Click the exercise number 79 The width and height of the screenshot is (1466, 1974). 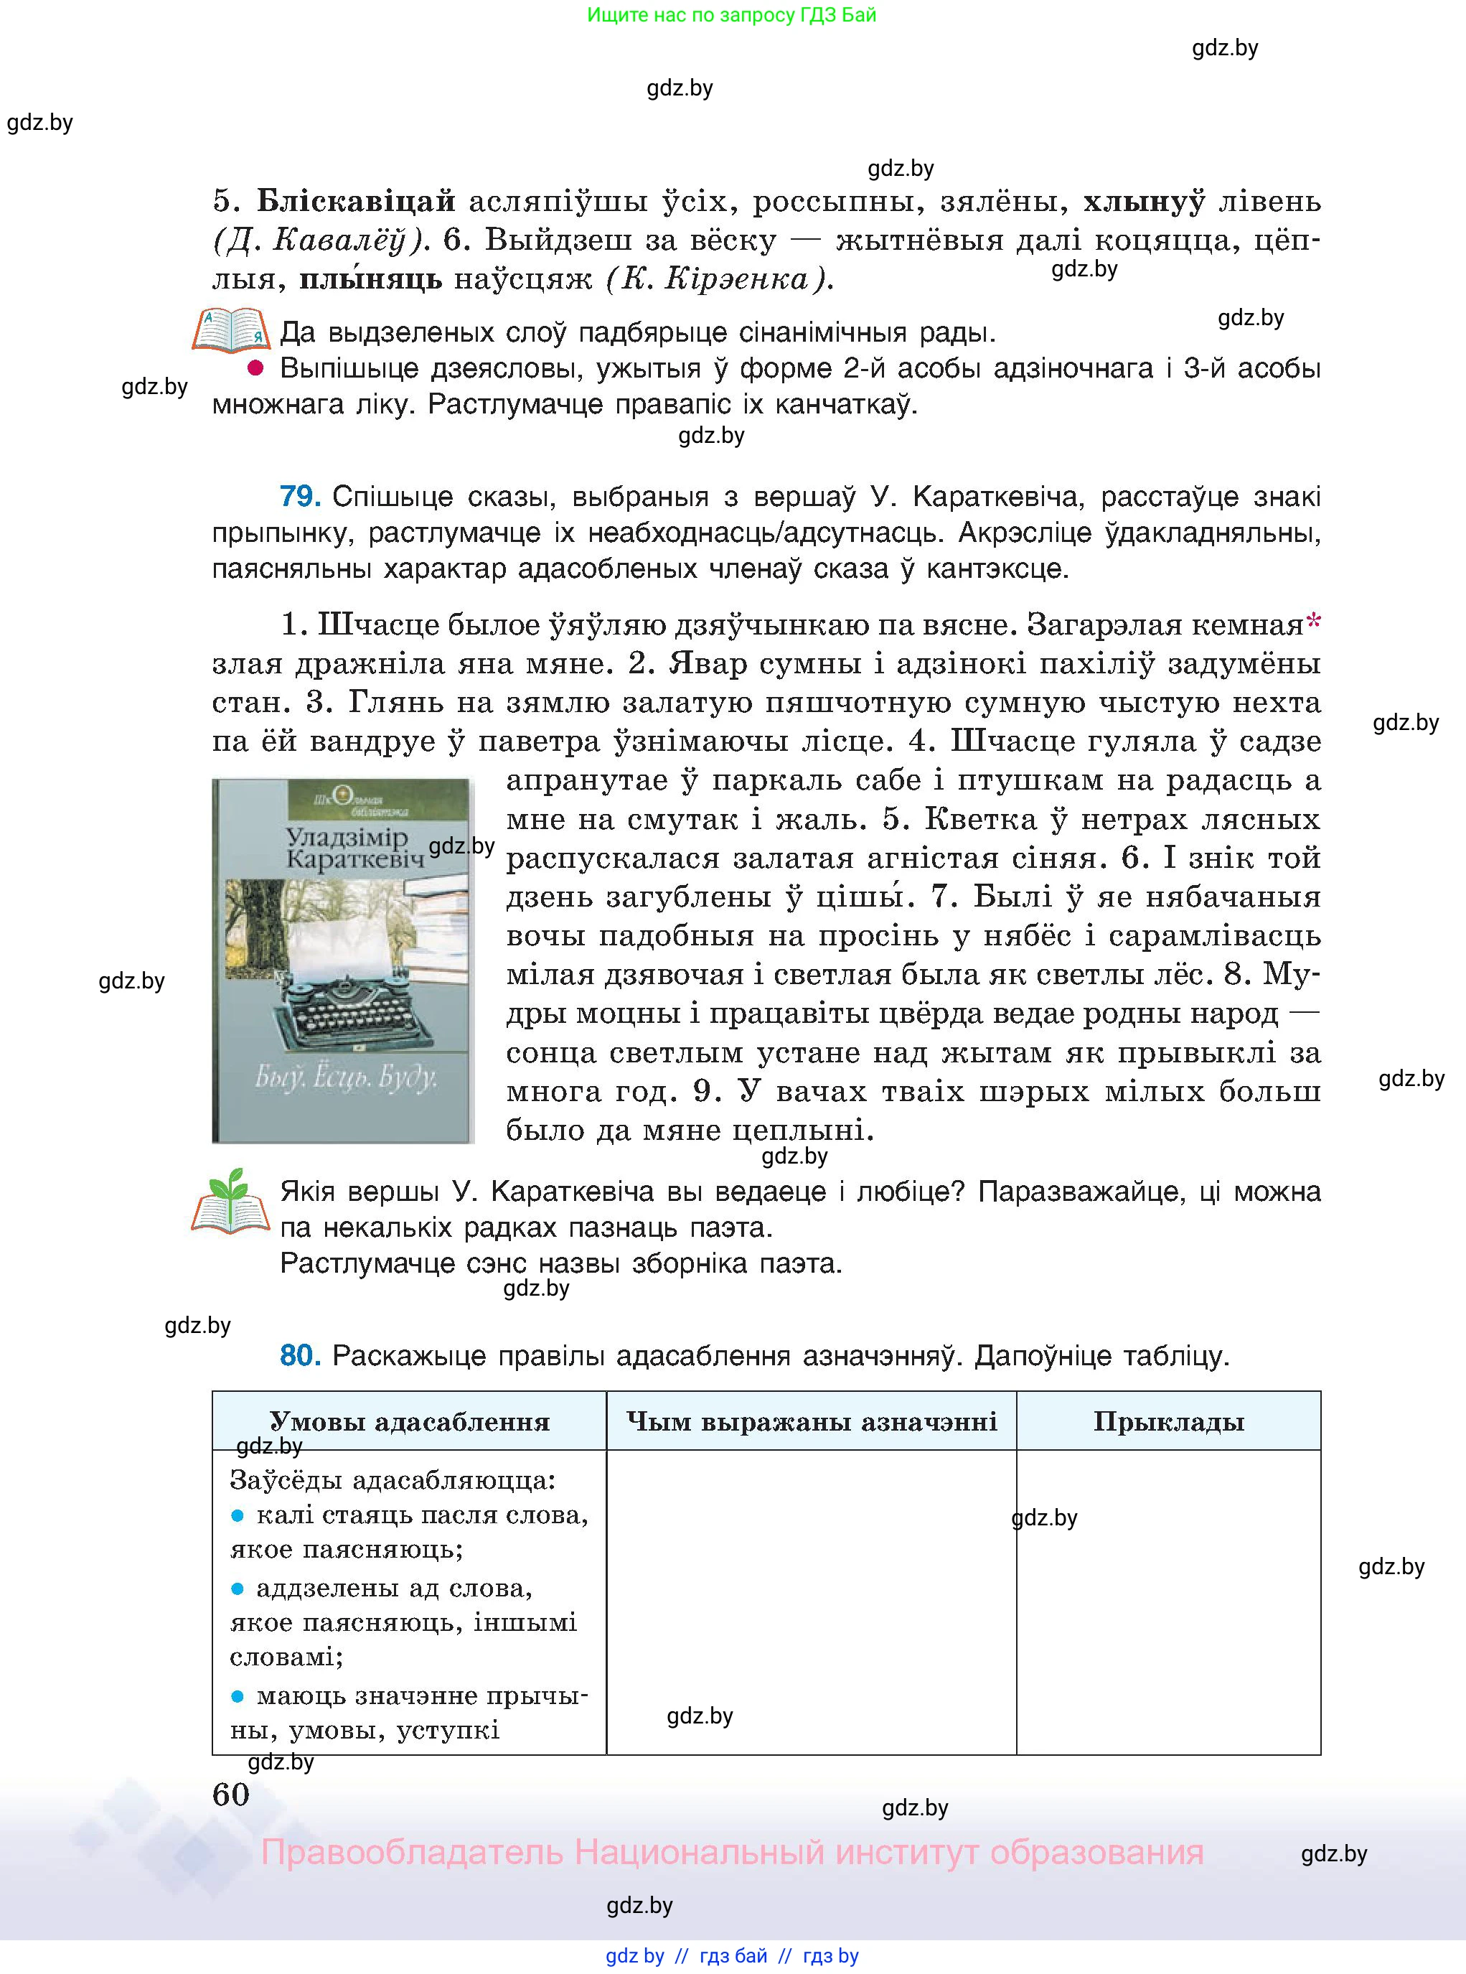[299, 496]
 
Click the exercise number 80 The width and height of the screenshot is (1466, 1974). [299, 1355]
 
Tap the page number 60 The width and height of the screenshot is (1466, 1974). [232, 1795]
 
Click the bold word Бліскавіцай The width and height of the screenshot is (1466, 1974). [356, 202]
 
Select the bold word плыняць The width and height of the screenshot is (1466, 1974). [370, 280]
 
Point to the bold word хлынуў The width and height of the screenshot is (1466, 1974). [1144, 202]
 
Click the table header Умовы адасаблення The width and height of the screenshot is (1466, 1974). [409, 1422]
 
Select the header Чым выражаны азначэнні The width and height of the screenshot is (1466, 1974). [811, 1422]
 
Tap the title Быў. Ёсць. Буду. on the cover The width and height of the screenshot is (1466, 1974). [345, 1077]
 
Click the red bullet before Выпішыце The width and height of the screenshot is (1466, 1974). [255, 368]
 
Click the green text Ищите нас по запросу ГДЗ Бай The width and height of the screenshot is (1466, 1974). [731, 15]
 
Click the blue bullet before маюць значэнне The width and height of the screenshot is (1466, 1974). [237, 1695]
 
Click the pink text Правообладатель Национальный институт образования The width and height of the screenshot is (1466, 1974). [731, 1853]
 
